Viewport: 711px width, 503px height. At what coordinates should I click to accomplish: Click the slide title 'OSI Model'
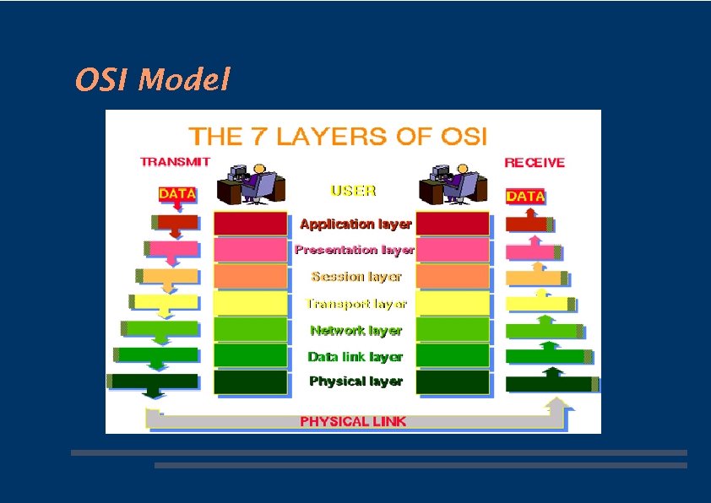pos(152,80)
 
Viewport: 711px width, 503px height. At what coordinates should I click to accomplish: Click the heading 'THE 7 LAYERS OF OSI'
pos(338,136)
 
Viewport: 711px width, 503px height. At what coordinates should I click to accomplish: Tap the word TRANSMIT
pos(175,162)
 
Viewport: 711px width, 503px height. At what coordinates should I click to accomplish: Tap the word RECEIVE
pos(535,163)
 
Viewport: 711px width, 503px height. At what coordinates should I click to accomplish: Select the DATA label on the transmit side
pos(177,194)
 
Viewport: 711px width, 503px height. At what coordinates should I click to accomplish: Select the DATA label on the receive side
pos(525,196)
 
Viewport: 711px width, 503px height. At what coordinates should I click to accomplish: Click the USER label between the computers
pos(354,191)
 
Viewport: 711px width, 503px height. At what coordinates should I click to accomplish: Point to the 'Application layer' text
pos(355,224)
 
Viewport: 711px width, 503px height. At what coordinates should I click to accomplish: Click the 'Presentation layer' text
pos(355,250)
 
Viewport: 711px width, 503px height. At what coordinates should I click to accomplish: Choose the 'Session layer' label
pos(355,276)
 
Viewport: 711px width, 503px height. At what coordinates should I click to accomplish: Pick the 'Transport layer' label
pos(355,303)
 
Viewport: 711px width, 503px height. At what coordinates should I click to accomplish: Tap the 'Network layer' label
pos(355,330)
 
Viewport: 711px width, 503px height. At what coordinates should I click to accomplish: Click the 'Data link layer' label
pos(355,356)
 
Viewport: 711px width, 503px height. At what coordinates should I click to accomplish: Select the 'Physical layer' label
pos(355,381)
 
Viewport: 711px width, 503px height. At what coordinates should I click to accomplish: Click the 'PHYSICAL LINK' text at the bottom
pos(353,421)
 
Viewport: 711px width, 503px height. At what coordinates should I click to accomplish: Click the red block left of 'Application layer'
pos(250,224)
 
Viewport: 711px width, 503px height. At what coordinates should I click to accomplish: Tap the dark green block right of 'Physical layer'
pos(453,382)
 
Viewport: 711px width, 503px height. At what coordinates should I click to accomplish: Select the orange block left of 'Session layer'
pos(250,276)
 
